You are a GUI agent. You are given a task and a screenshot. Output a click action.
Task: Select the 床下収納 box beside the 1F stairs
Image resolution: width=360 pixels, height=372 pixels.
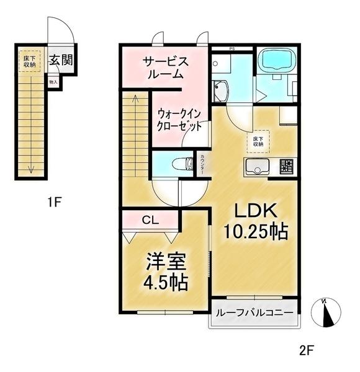(29, 61)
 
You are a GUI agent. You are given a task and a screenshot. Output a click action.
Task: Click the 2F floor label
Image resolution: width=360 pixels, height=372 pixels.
(307, 351)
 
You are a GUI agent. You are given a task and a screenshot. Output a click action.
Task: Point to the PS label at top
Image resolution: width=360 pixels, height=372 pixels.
(232, 48)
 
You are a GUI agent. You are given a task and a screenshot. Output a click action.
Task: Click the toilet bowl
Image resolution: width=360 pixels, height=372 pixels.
(181, 164)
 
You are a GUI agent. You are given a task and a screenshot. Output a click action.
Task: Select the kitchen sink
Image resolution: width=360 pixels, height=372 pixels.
(256, 166)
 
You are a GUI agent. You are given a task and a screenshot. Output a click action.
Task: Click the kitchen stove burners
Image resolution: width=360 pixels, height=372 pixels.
(286, 166)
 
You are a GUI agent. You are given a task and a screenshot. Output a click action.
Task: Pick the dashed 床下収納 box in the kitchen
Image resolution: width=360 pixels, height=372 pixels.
(256, 141)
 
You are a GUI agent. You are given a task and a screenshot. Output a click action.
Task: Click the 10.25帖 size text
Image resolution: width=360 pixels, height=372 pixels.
(255, 232)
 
